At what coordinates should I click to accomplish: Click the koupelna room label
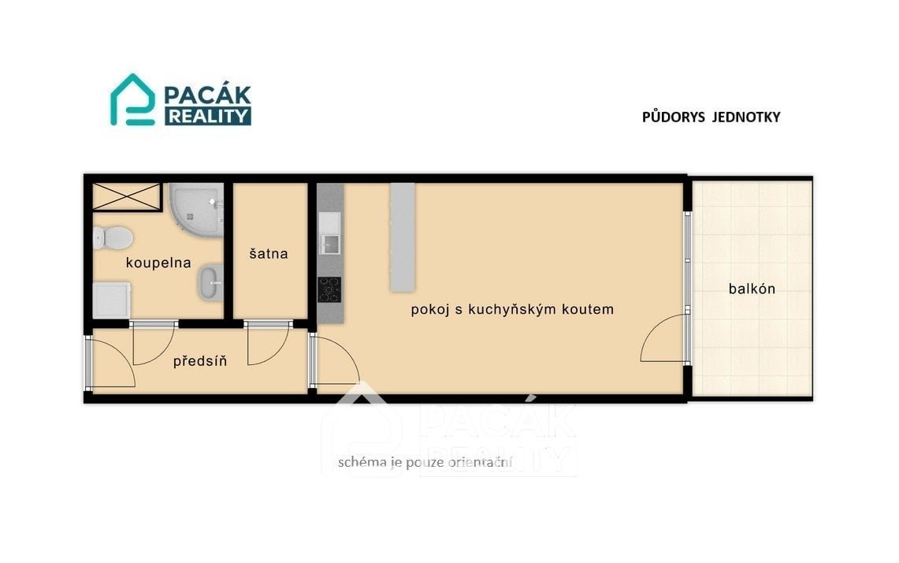[158, 263]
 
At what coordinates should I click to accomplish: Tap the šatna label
[269, 253]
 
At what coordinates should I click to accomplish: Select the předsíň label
[200, 361]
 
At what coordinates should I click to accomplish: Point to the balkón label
[752, 289]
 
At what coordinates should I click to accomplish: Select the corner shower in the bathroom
[196, 207]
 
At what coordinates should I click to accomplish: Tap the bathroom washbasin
[211, 281]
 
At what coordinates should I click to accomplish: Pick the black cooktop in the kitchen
[329, 289]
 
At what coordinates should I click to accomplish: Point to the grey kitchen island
[403, 237]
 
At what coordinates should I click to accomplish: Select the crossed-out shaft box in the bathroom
[127, 197]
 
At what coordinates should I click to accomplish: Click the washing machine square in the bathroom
[111, 300]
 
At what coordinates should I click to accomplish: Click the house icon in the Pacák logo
[132, 99]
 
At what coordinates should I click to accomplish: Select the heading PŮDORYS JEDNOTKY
[711, 117]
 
